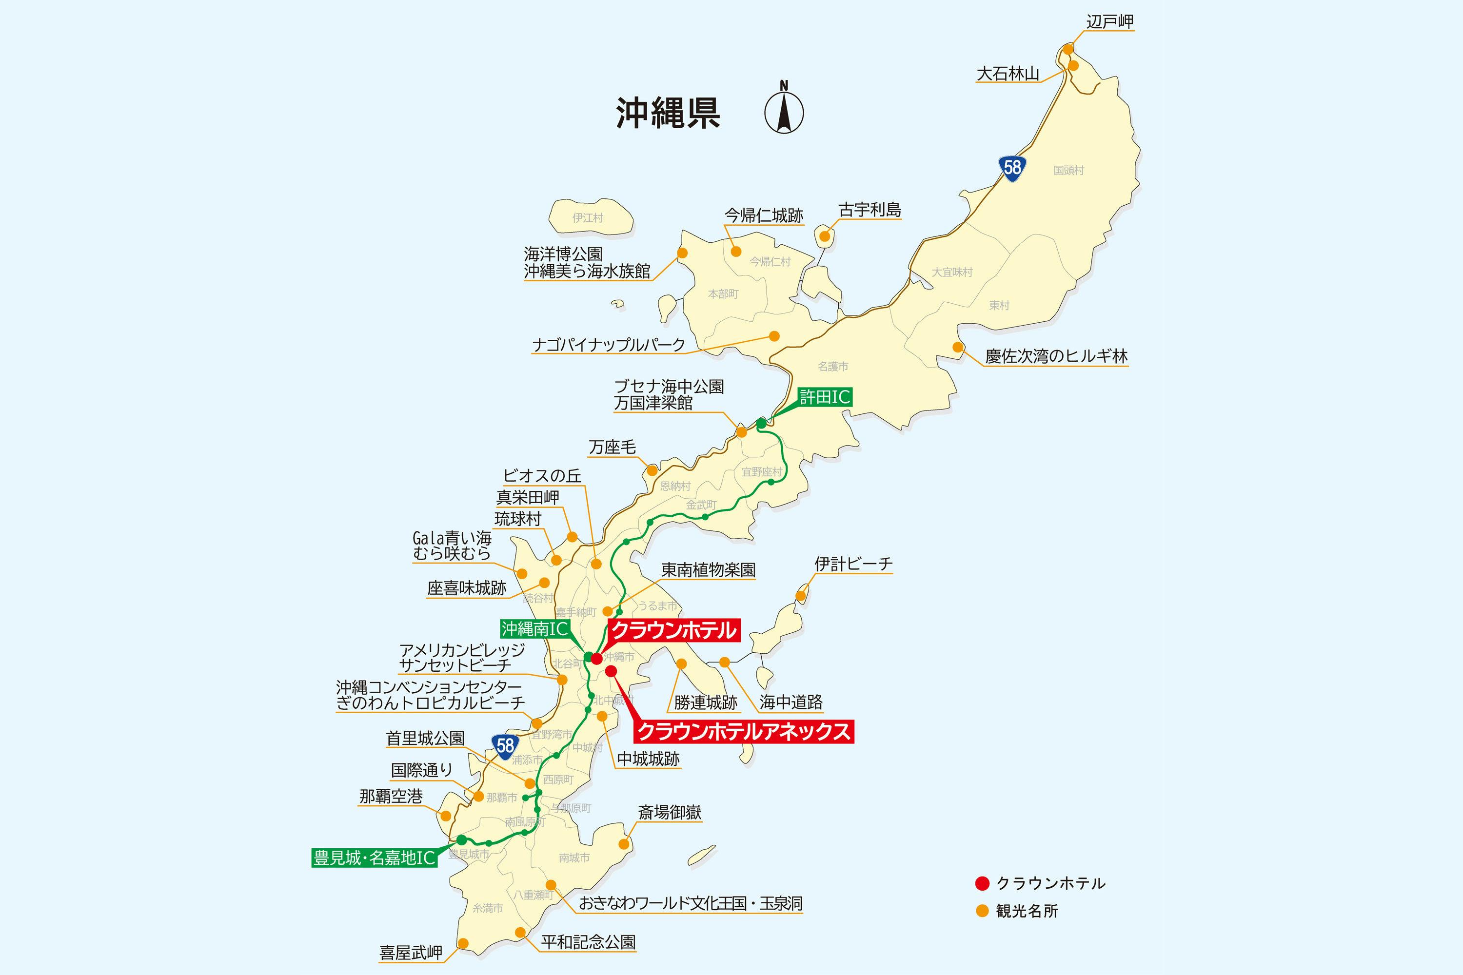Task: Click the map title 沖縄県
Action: [668, 113]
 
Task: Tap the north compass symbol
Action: [783, 110]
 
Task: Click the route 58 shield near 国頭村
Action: [1012, 167]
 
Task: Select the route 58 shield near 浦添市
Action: [505, 745]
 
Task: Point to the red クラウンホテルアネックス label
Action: [744, 731]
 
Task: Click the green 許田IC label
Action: [825, 397]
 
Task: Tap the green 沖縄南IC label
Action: [535, 629]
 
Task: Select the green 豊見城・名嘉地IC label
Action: [375, 858]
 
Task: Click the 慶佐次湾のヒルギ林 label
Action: [1056, 356]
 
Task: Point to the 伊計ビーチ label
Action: [853, 564]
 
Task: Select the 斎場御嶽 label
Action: [670, 812]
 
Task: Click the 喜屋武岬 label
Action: [411, 953]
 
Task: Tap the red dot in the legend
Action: [982, 883]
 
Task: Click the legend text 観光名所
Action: [1027, 912]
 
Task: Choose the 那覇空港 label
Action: [391, 796]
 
